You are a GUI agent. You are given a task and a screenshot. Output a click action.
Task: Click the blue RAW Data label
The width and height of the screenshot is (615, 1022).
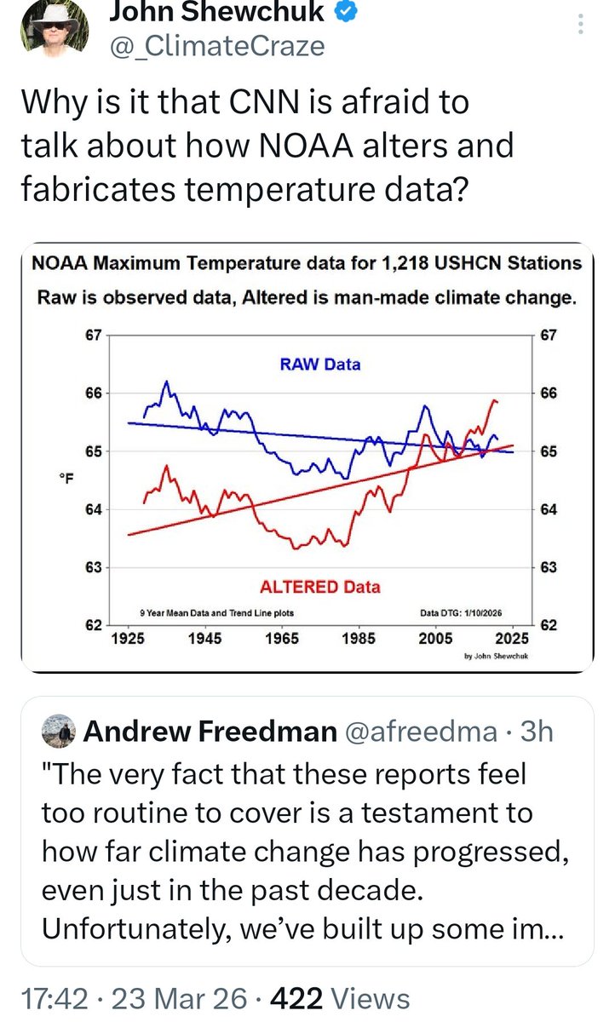(x=319, y=365)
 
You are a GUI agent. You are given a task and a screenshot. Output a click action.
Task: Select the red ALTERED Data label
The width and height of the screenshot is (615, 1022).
(x=319, y=587)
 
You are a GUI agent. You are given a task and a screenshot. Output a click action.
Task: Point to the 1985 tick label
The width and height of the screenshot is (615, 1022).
(x=358, y=638)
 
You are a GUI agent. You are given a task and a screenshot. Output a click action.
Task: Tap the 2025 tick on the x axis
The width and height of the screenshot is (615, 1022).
(x=513, y=638)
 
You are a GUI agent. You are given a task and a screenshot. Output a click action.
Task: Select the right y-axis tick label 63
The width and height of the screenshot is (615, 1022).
(x=548, y=567)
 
